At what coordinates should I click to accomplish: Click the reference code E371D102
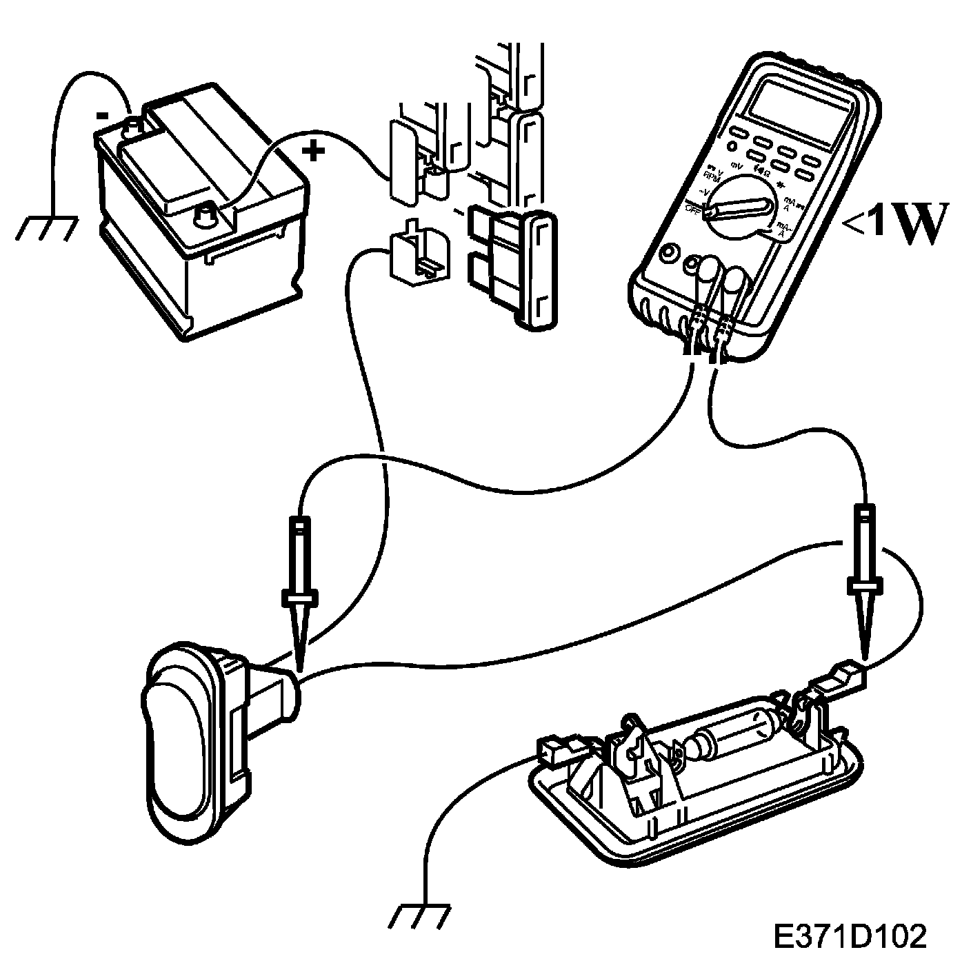(x=848, y=936)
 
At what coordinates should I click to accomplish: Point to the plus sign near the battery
(x=314, y=151)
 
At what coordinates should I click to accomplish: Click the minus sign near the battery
(x=102, y=116)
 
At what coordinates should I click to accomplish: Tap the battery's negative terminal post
(x=133, y=126)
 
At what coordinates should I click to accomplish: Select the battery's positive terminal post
(x=205, y=214)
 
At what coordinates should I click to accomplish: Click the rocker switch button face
(x=172, y=741)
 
